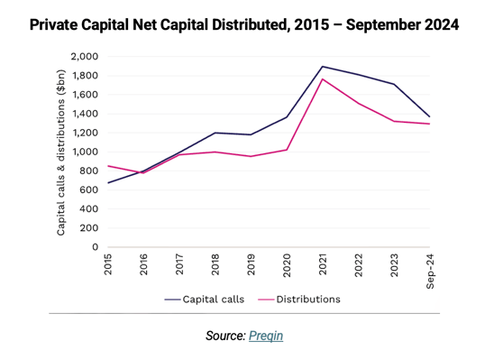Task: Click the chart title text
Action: (244, 25)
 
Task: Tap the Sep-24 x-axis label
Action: (429, 268)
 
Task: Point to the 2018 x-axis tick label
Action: (215, 265)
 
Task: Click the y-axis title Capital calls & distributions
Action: (61, 152)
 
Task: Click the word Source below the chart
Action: (224, 336)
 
